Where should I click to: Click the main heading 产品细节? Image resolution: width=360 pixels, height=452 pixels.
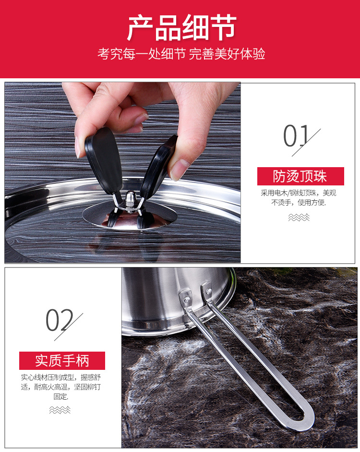[181, 28]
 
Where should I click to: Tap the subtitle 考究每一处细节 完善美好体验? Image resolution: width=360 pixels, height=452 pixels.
[181, 53]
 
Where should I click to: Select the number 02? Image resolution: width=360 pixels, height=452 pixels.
[59, 321]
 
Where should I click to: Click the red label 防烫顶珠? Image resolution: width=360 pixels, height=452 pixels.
[300, 176]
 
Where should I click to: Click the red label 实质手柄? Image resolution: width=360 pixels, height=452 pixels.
[62, 361]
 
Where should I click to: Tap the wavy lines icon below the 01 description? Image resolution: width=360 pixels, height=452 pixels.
[299, 218]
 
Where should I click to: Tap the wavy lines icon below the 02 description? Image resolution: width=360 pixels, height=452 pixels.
[60, 410]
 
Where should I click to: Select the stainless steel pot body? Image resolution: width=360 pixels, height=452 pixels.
[168, 298]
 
